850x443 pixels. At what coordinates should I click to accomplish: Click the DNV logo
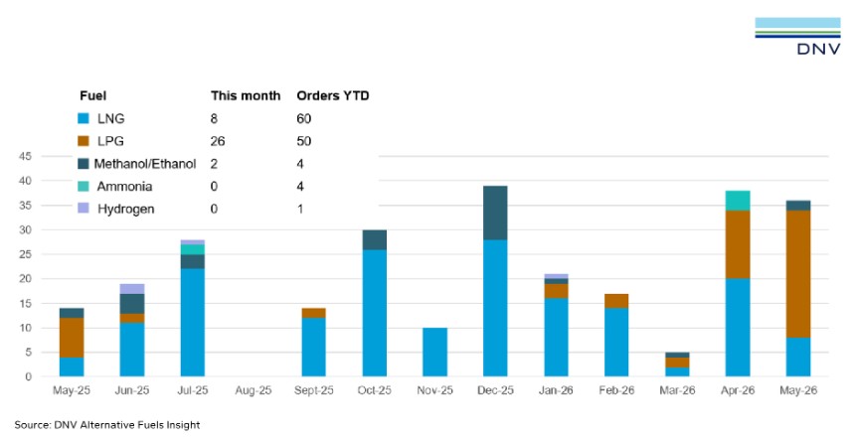point(797,36)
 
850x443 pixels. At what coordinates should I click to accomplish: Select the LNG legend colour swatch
point(84,118)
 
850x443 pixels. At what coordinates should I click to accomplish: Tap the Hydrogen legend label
point(126,209)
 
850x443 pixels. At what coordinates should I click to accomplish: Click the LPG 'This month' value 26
point(218,141)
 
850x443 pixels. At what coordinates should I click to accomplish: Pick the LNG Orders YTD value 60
point(303,118)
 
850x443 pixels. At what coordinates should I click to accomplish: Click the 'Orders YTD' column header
point(333,96)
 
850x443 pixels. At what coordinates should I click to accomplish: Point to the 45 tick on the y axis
point(26,156)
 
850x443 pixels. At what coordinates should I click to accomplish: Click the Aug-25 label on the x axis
point(254,390)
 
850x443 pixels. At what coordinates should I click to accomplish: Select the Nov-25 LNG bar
point(434,352)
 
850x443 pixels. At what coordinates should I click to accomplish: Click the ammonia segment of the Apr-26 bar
point(738,201)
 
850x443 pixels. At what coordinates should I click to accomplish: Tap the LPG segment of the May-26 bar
point(798,274)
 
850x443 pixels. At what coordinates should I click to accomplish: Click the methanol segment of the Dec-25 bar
point(495,213)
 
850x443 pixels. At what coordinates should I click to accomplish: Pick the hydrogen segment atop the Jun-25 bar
point(132,289)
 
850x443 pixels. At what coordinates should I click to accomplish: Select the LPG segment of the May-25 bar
point(71,338)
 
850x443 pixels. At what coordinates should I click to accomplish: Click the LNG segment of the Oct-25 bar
point(375,313)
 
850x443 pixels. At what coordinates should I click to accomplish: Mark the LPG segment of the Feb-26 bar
point(616,301)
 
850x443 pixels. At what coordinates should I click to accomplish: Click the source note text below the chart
point(107,425)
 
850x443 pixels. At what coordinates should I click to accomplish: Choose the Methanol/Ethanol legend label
point(145,164)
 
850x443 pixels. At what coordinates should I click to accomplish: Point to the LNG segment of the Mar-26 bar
point(677,372)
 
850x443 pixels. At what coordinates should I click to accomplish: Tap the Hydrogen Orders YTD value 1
point(300,209)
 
